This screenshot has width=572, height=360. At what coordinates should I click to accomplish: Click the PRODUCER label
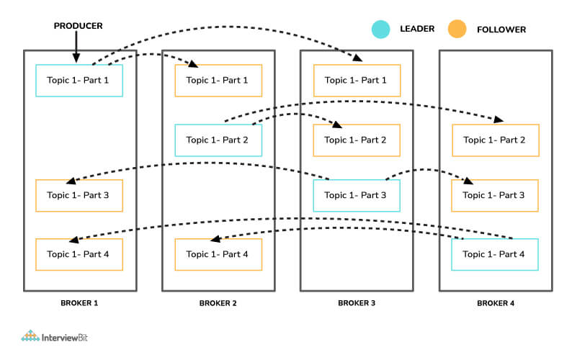tap(78, 26)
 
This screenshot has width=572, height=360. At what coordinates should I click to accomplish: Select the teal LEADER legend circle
tap(380, 30)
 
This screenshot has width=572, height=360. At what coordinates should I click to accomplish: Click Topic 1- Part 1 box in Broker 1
tap(79, 81)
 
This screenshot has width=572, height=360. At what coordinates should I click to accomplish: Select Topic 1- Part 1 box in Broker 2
tap(218, 81)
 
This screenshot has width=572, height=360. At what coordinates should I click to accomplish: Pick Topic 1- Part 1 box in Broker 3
tap(357, 81)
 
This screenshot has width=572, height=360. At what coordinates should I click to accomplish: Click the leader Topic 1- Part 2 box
tap(218, 140)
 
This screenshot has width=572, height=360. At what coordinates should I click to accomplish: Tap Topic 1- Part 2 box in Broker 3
tap(357, 140)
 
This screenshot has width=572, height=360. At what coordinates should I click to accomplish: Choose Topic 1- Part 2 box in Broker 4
tap(495, 140)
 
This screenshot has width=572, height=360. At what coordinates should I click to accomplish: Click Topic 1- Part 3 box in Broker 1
tap(79, 196)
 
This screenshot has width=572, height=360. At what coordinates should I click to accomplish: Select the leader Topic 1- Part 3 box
tap(357, 196)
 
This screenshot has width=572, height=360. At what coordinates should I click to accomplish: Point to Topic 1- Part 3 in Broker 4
tap(495, 196)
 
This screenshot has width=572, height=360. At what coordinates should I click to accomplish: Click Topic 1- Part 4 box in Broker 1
tap(79, 254)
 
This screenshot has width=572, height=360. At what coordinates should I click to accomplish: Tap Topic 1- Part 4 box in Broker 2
tap(218, 254)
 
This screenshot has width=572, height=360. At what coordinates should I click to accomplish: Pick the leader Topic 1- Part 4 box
tap(495, 254)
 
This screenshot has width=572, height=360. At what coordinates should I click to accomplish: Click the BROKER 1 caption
tap(79, 304)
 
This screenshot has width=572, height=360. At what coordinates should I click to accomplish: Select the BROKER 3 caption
tap(357, 304)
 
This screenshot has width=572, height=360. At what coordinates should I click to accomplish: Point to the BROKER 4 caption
tap(495, 304)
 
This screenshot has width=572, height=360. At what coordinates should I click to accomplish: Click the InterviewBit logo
tap(59, 336)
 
